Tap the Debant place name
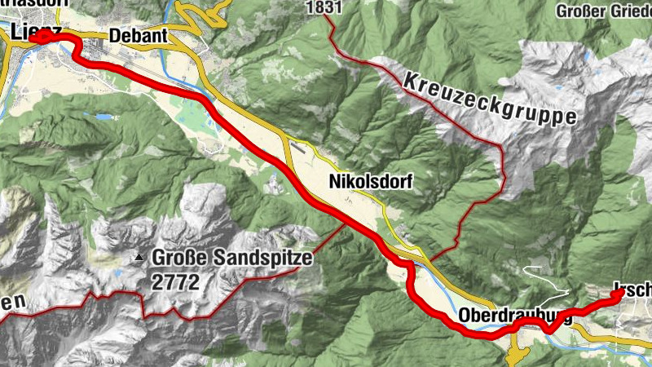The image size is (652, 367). pos(138,36)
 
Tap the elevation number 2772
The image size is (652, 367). pos(174,282)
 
